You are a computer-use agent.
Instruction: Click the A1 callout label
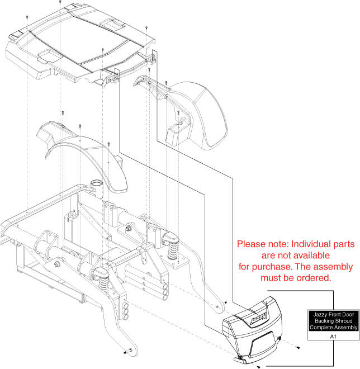(333, 337)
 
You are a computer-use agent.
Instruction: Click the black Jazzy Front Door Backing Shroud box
(334, 321)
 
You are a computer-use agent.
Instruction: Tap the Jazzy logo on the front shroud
(258, 318)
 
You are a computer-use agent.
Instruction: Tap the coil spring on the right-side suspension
(173, 250)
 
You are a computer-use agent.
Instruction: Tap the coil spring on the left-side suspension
(103, 283)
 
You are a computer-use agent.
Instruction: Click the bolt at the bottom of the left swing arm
(128, 352)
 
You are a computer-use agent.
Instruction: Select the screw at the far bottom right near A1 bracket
(298, 347)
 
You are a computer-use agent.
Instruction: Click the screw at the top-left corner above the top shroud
(27, 17)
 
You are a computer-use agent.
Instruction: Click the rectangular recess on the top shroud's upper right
(113, 23)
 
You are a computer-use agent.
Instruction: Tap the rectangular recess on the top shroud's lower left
(49, 56)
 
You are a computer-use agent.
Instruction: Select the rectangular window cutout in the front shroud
(263, 344)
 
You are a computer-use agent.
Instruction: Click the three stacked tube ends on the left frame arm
(126, 311)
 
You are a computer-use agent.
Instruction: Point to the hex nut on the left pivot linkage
(56, 264)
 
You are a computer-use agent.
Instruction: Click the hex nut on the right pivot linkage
(129, 228)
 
